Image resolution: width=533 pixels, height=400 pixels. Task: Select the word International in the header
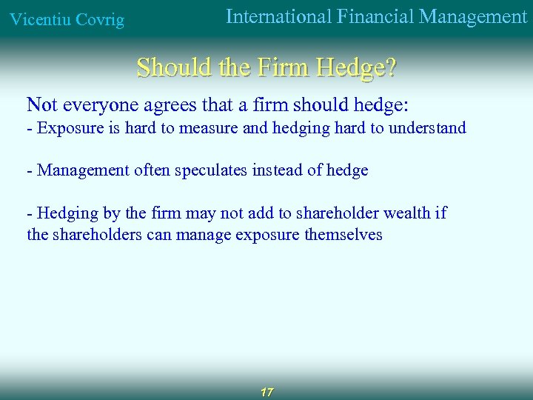click(278, 16)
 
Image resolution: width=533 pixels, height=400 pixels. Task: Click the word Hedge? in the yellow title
click(356, 68)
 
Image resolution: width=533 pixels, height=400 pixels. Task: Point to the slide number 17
click(266, 391)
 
